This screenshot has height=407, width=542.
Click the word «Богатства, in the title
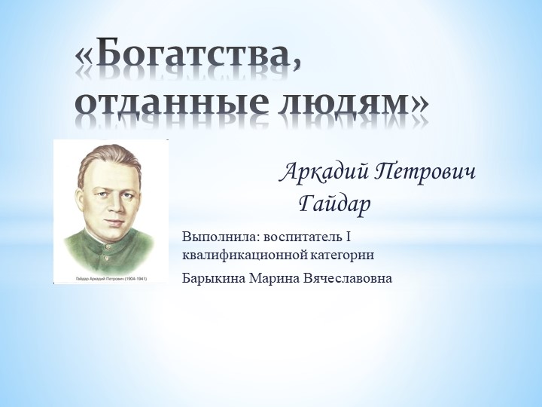pos(188,57)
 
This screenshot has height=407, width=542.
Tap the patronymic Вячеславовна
pos(347,278)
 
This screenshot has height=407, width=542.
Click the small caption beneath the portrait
pos(111,278)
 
